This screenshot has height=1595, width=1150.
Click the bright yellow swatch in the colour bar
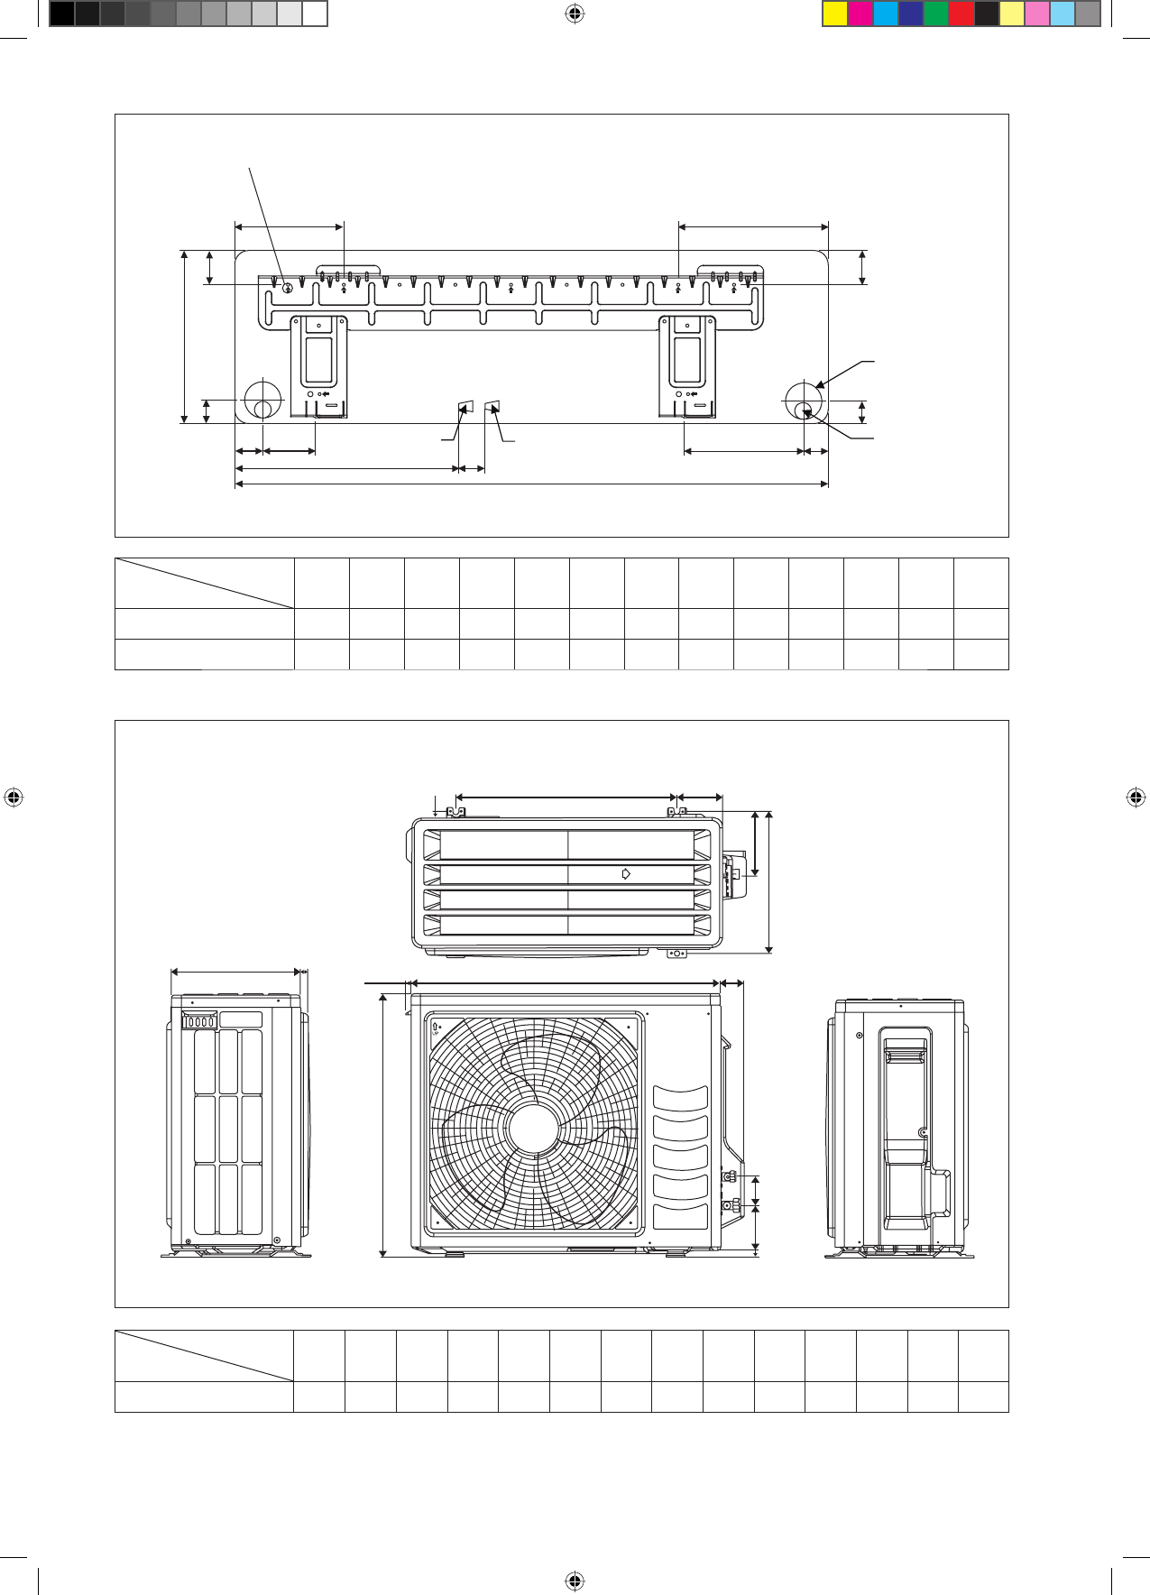click(x=835, y=14)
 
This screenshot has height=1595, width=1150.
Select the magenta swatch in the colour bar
click(x=860, y=14)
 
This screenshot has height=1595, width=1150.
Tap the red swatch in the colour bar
click(x=961, y=14)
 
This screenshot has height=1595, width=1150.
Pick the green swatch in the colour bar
click(x=936, y=14)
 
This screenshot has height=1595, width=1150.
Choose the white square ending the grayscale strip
click(x=314, y=14)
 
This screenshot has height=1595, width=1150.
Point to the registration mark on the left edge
click(x=14, y=797)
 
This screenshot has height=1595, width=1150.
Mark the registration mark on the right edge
click(x=1136, y=797)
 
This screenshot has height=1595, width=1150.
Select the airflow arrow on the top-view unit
click(x=626, y=873)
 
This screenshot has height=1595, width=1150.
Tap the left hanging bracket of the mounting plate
click(x=319, y=365)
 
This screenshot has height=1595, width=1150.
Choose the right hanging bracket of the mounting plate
click(x=688, y=365)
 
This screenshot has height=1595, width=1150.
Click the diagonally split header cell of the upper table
click(x=205, y=583)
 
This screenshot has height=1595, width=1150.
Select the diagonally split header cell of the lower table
click(x=204, y=1355)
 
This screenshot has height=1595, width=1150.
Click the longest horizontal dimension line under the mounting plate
click(x=531, y=484)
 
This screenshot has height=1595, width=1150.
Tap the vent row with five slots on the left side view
click(x=199, y=1021)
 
